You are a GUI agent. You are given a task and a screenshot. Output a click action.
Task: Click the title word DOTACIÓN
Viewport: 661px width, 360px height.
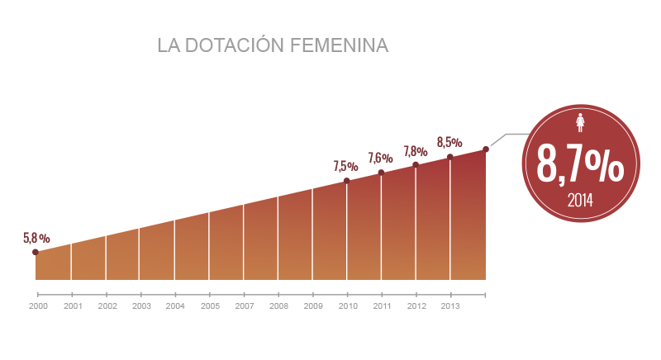pos(231,46)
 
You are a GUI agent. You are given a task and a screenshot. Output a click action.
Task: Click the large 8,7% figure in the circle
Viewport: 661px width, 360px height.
pos(580,163)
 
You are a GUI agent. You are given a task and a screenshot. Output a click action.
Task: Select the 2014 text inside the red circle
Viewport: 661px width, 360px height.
pos(580,201)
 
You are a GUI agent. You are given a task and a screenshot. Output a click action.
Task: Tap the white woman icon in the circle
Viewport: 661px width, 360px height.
pos(580,123)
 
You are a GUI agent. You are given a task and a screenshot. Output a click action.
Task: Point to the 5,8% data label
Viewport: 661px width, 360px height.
pos(36,238)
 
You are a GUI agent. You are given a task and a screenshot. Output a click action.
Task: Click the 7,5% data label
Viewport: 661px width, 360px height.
pos(345,166)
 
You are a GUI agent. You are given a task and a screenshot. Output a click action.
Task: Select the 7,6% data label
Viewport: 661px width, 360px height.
pos(380,158)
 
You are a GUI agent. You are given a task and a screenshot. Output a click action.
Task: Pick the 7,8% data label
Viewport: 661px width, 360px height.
pos(415,151)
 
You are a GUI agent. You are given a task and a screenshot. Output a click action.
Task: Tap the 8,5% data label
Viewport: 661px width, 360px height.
pos(449,141)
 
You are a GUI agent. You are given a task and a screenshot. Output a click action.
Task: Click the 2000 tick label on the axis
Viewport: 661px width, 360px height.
pos(38,306)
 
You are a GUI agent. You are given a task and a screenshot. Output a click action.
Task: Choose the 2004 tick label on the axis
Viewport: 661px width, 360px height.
pos(174,306)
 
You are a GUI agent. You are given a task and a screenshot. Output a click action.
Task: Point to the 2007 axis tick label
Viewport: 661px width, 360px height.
pos(244,306)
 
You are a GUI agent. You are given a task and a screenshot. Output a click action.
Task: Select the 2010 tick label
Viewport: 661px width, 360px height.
pos(347,306)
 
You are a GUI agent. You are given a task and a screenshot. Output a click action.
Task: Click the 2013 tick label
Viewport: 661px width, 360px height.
pos(450,306)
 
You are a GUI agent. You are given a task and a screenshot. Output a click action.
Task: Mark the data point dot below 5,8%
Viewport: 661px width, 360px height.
pos(36,252)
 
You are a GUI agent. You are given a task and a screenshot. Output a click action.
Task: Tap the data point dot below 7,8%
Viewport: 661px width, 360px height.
pos(415,164)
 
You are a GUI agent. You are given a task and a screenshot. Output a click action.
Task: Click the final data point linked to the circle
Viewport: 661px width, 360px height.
pos(486,149)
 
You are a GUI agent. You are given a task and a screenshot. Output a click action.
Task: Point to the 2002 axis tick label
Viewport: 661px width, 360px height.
pos(107,306)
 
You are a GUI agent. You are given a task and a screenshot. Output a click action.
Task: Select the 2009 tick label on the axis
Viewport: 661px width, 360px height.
pos(312,306)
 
